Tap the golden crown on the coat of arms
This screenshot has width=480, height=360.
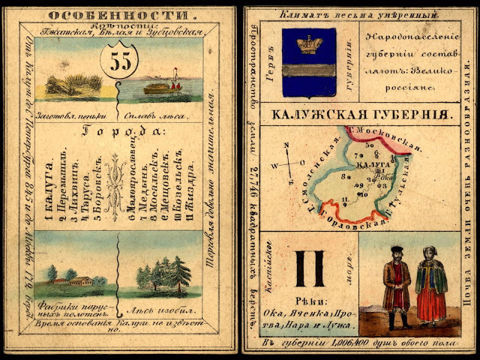coord(305,43)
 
